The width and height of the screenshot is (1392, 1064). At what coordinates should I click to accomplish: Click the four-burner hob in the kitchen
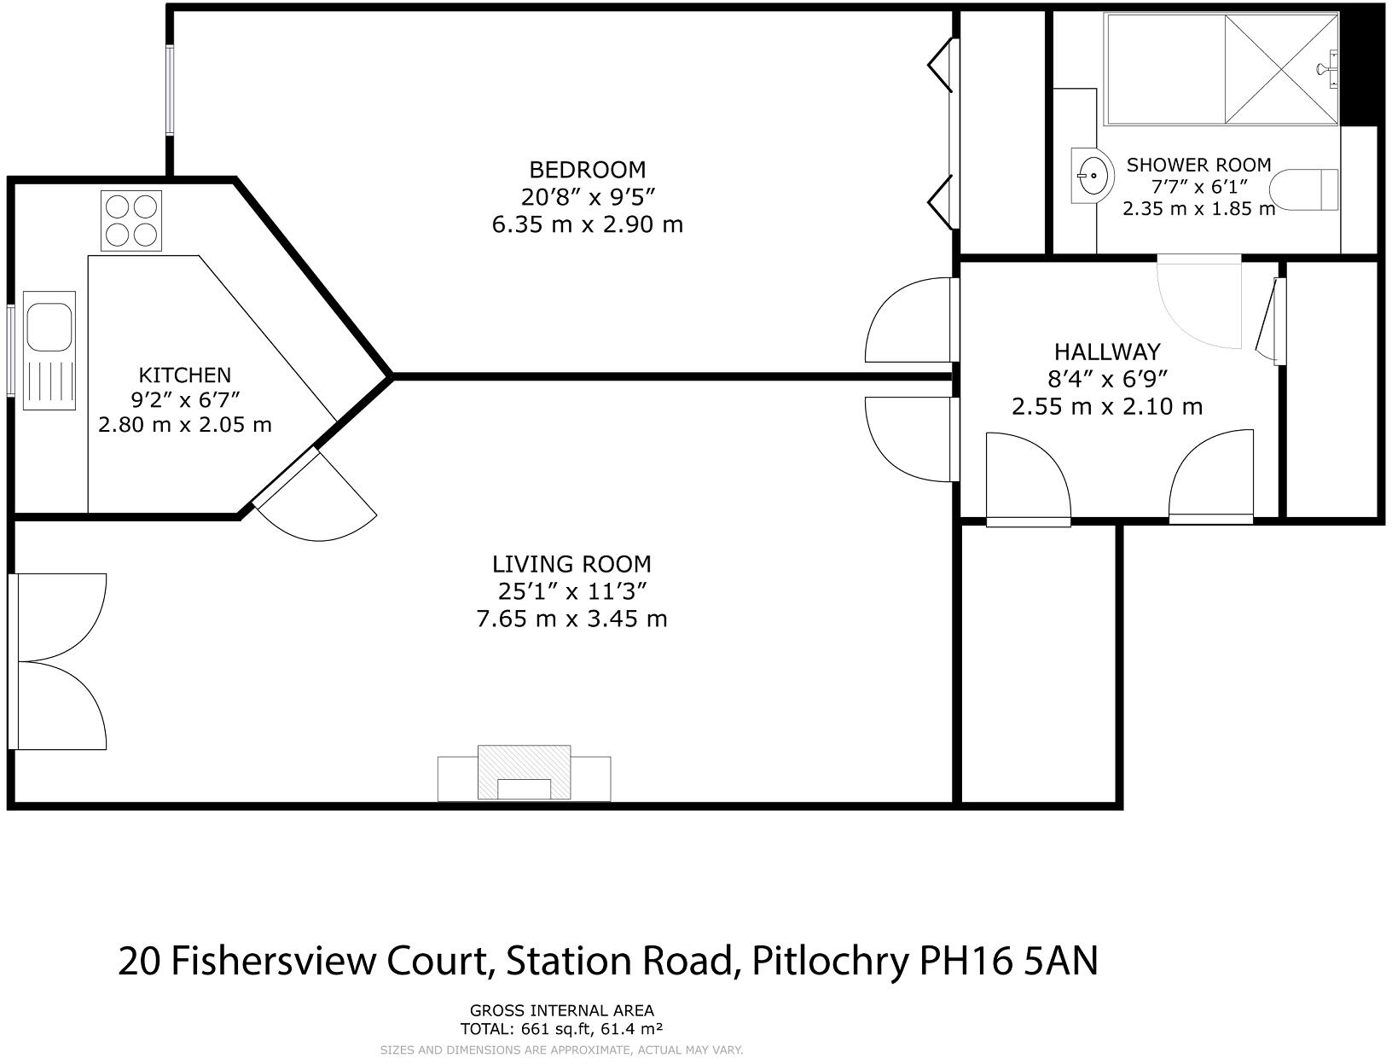[130, 220]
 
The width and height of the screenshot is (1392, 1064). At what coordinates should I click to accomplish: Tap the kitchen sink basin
[49, 326]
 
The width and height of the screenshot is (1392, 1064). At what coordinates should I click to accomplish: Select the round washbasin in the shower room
[1093, 176]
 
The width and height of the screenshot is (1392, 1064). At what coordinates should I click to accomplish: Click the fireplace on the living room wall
[524, 773]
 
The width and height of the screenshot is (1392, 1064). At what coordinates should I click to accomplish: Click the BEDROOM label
[588, 169]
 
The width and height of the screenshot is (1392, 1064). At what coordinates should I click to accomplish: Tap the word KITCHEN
[184, 375]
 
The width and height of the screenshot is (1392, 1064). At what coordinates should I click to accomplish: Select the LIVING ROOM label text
[571, 564]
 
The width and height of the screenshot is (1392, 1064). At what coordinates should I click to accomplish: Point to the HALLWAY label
[1106, 352]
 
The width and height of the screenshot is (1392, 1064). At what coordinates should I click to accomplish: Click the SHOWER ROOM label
[1198, 165]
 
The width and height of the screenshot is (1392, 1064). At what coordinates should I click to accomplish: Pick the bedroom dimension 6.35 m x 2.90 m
[588, 225]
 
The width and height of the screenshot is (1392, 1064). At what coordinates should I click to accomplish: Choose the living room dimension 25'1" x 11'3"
[571, 590]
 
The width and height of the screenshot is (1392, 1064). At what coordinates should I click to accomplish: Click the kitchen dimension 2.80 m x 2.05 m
[184, 424]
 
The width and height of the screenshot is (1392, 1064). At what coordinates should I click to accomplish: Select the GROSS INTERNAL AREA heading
[561, 1011]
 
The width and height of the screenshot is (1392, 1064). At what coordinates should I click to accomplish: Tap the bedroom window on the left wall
[170, 90]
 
